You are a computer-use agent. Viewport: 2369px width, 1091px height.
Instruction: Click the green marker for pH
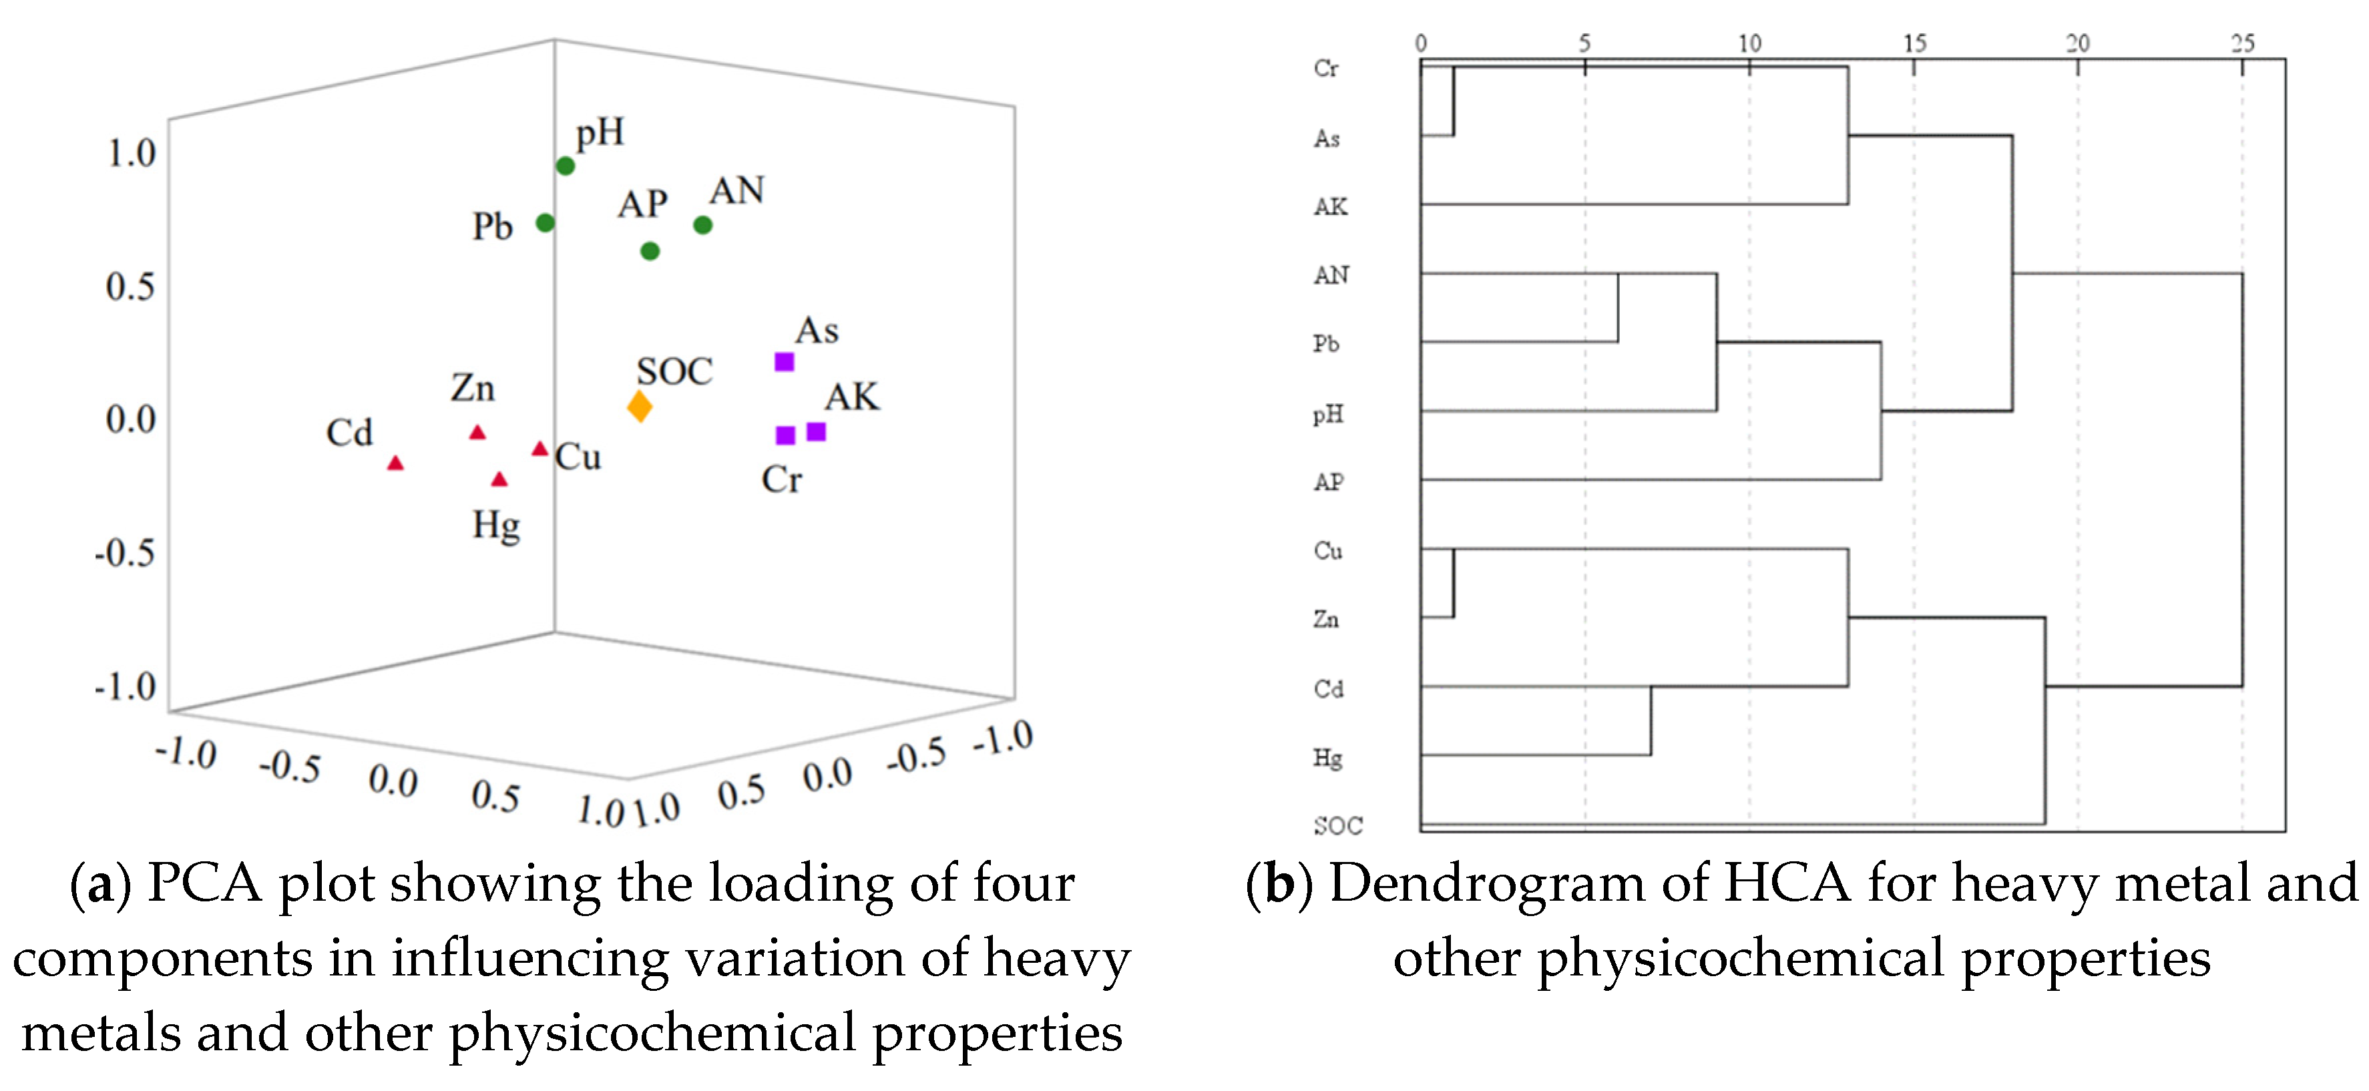[x=566, y=166]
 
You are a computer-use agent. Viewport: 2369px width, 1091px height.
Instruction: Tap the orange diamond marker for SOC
[x=640, y=406]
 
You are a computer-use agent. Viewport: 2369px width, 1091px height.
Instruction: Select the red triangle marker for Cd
[x=395, y=463]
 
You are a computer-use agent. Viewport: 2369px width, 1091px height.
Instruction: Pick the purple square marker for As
[x=785, y=361]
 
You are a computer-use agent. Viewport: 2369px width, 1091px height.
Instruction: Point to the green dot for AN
[x=702, y=224]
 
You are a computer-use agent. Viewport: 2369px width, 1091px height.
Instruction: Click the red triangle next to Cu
[x=540, y=449]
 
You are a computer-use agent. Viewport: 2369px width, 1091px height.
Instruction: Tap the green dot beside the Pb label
[x=546, y=222]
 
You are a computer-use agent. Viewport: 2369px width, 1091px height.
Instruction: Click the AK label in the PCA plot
[x=851, y=397]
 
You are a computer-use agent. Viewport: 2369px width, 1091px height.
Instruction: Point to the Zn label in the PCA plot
[x=473, y=388]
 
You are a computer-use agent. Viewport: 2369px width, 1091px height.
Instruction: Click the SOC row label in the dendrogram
[x=1337, y=825]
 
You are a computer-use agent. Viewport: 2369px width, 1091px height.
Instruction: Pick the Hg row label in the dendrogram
[x=1327, y=758]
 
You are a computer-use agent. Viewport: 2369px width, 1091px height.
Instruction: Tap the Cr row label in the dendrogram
[x=1326, y=68]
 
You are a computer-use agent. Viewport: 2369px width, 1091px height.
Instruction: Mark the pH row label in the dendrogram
[x=1327, y=414]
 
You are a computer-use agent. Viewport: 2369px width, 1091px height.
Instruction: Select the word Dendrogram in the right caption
[x=1487, y=884]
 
